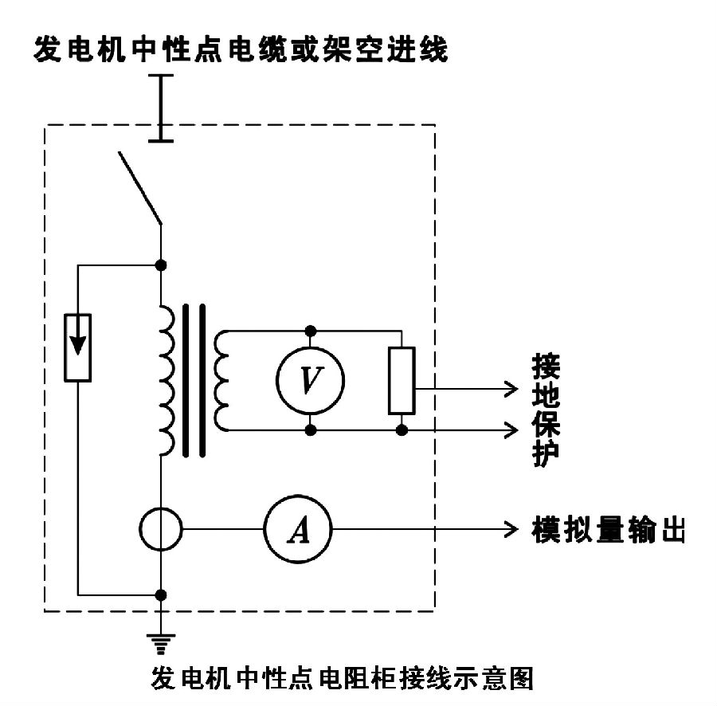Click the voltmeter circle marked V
point(310,380)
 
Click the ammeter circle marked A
point(297,528)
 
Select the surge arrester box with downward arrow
point(78,347)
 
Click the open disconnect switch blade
point(140,186)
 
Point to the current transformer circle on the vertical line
point(162,528)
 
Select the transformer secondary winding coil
point(221,380)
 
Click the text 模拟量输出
point(607,529)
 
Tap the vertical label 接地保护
point(546,410)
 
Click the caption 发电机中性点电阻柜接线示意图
point(341,679)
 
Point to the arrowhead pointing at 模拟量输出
point(511,528)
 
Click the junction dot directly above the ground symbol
point(162,594)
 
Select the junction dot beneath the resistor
point(402,429)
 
